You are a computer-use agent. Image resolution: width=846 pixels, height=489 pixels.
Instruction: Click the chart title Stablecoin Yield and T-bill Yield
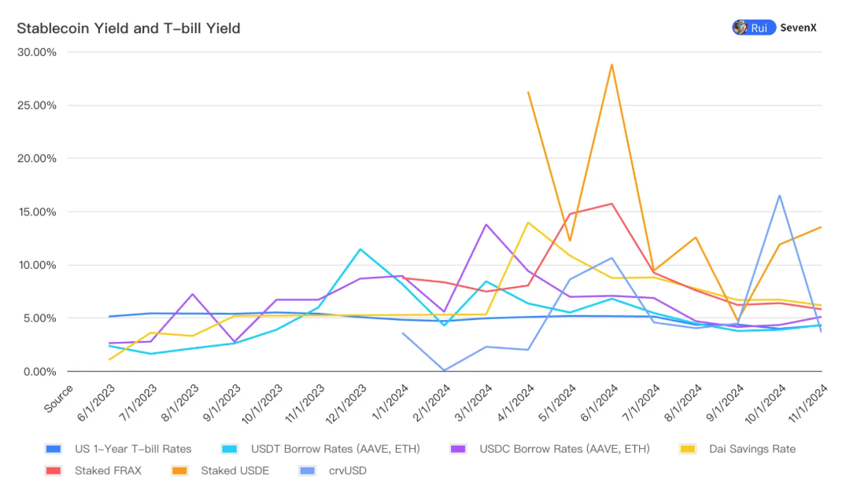pyautogui.click(x=128, y=28)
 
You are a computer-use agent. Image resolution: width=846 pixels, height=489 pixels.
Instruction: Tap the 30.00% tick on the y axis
pyautogui.click(x=37, y=52)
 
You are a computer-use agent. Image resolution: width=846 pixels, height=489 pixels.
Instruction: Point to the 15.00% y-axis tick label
pyautogui.click(x=37, y=211)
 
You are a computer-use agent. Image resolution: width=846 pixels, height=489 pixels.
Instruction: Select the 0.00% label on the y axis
pyautogui.click(x=39, y=371)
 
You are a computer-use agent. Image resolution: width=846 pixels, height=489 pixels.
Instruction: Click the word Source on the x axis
pyautogui.click(x=59, y=398)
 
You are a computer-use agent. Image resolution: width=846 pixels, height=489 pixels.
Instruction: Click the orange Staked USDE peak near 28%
pyautogui.click(x=611, y=64)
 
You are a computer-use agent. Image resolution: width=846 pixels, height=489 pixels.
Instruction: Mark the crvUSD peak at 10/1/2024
pyautogui.click(x=779, y=196)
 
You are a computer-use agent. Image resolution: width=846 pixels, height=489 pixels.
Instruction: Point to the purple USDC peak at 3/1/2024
pyautogui.click(x=486, y=225)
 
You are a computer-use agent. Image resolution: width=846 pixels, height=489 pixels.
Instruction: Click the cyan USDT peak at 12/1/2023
pyautogui.click(x=360, y=249)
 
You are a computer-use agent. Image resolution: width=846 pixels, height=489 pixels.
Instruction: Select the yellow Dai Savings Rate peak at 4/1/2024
pyautogui.click(x=528, y=222)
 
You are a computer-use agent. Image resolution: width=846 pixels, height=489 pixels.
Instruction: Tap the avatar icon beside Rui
pyautogui.click(x=740, y=28)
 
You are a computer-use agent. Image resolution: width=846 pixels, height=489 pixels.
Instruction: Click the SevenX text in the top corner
pyautogui.click(x=798, y=28)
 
